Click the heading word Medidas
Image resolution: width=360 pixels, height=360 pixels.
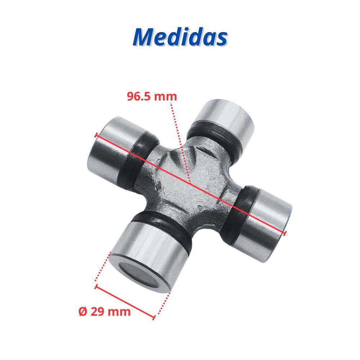pyautogui.click(x=180, y=37)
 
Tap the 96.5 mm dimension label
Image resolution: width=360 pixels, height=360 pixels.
pyautogui.click(x=152, y=96)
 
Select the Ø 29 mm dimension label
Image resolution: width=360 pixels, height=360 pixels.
pyautogui.click(x=104, y=311)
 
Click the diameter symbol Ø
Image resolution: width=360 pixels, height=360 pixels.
pyautogui.click(x=83, y=311)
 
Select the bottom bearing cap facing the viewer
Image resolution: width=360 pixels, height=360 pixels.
pyautogui.click(x=147, y=257)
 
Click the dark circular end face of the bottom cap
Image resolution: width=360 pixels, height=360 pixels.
pyautogui.click(x=139, y=275)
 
